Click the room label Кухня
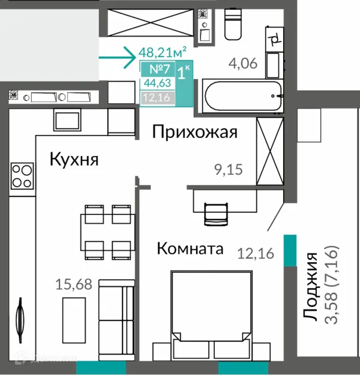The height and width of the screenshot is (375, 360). [x=74, y=160]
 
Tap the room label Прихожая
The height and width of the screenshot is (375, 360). [x=194, y=132]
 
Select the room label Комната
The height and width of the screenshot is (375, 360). [x=190, y=248]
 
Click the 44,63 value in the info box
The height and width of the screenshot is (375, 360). [x=157, y=84]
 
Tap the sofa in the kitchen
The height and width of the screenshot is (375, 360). [x=115, y=312]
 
